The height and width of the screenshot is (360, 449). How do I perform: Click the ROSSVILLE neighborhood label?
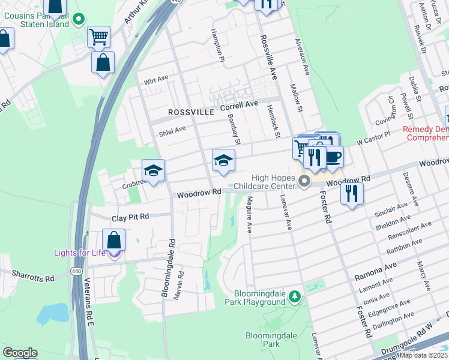(x=191, y=112)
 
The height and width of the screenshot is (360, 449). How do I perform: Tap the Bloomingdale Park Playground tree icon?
(x=294, y=296)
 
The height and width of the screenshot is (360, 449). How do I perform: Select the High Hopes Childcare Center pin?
(x=304, y=181)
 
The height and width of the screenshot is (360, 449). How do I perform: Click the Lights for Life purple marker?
(x=114, y=253)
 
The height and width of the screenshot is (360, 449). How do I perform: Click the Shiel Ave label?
(x=172, y=130)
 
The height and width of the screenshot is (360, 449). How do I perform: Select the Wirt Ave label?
(x=156, y=80)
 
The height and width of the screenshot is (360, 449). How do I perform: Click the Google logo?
(x=20, y=353)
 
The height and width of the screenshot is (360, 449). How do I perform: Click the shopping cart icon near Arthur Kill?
(x=98, y=36)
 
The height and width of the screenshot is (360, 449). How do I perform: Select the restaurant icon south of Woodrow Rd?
(x=352, y=193)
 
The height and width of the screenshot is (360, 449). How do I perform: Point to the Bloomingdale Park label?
(x=263, y=340)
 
